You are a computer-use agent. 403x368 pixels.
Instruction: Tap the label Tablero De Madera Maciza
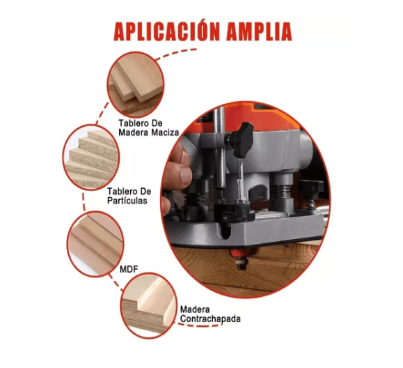[148, 127]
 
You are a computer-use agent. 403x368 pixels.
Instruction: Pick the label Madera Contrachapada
[210, 314]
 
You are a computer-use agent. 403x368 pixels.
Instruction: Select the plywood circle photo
[148, 302]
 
